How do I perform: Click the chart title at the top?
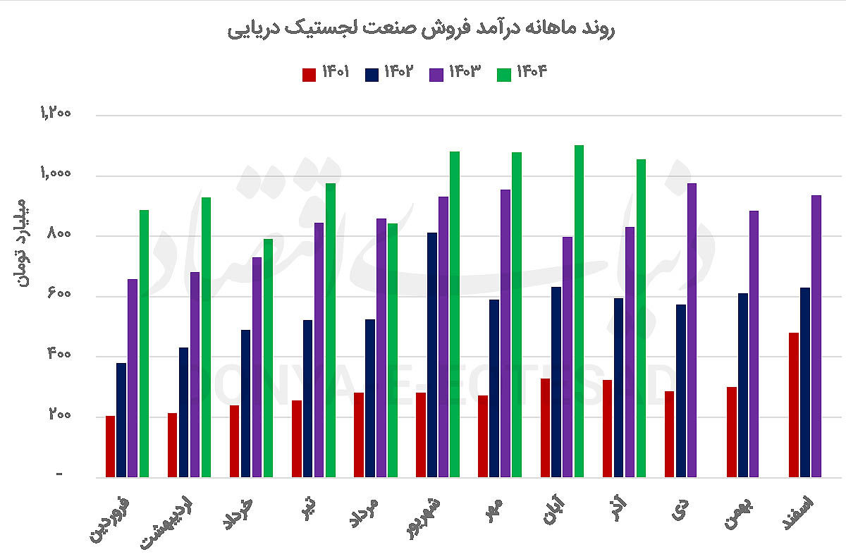pyautogui.click(x=422, y=29)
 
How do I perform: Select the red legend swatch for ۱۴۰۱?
pyautogui.click(x=309, y=74)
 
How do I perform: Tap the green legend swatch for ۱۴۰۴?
pyautogui.click(x=504, y=74)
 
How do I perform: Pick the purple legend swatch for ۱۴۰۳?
pyautogui.click(x=436, y=74)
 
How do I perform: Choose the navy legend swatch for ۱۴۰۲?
pyautogui.click(x=372, y=74)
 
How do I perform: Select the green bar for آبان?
pyautogui.click(x=579, y=311)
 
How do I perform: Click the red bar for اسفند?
pyautogui.click(x=794, y=405)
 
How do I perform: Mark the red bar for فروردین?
pyautogui.click(x=110, y=446)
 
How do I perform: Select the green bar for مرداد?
pyautogui.click(x=393, y=350)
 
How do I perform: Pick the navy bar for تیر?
pyautogui.click(x=308, y=398)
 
